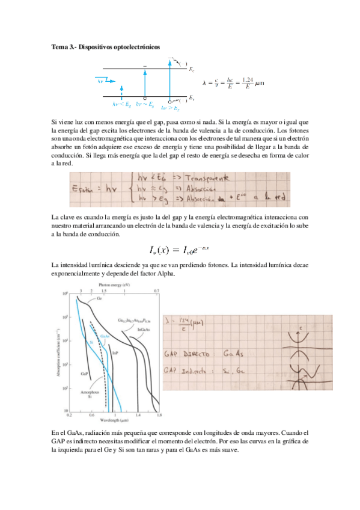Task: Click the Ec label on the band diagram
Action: pos(191,70)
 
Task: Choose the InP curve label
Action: pos(115,353)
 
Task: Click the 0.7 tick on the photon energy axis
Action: pos(157,290)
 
